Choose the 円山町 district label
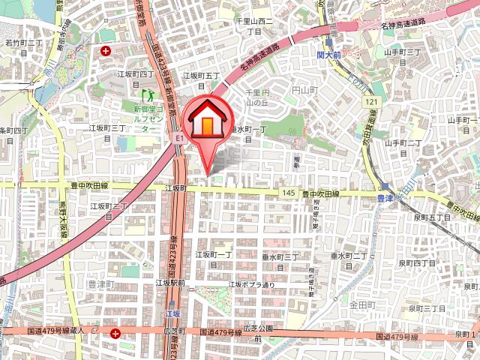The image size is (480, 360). pyautogui.click(x=306, y=90)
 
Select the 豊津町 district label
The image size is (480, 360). pyautogui.click(x=100, y=285)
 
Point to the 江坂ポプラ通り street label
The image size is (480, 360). pyautogui.click(x=252, y=284)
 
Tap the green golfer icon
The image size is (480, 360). pyautogui.click(x=148, y=95)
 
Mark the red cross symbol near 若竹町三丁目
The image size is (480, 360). pyautogui.click(x=106, y=51)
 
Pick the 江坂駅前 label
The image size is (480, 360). pyautogui.click(x=170, y=283)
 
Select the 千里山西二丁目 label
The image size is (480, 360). pyautogui.click(x=254, y=26)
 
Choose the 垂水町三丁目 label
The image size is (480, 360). pyautogui.click(x=280, y=260)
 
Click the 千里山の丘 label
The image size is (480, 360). pyautogui.click(x=258, y=97)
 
